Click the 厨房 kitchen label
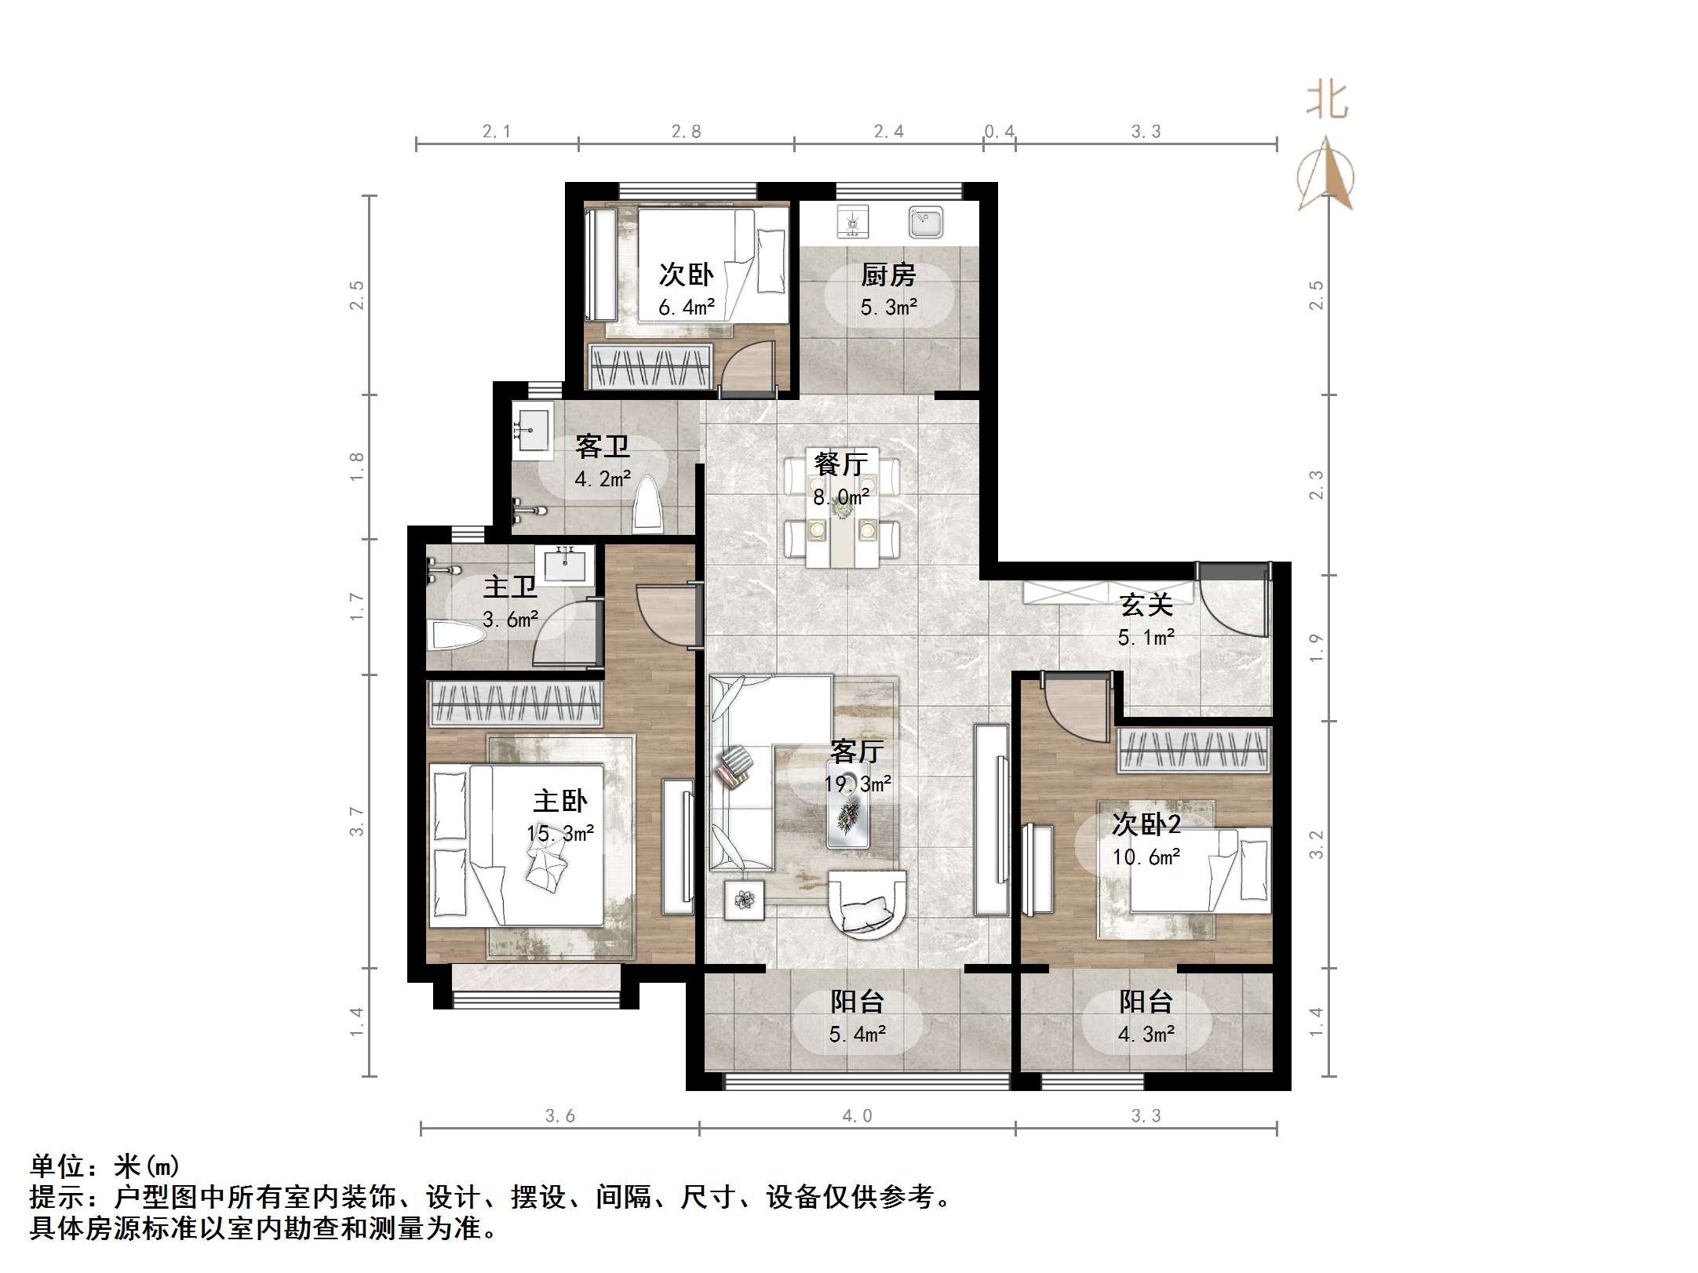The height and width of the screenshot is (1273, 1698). click(888, 275)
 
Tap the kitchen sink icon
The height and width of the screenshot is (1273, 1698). click(926, 222)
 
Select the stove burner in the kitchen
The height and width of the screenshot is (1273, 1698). click(853, 222)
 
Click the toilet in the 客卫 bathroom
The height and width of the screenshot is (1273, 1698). click(648, 504)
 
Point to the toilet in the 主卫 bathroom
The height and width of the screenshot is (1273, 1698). click(456, 634)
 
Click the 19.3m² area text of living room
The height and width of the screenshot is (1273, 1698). click(857, 784)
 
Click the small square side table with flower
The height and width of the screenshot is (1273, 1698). click(744, 900)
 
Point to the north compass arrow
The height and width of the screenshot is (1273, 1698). click(1326, 174)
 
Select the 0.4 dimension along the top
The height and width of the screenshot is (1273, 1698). click(999, 132)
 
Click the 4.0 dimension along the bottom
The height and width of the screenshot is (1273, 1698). click(857, 1115)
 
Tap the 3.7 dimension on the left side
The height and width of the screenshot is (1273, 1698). click(357, 821)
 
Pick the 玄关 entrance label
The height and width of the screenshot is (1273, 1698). click(1146, 605)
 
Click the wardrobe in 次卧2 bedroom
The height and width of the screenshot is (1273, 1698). click(1193, 749)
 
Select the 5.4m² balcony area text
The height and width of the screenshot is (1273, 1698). click(857, 1035)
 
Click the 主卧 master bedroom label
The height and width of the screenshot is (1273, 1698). click(559, 801)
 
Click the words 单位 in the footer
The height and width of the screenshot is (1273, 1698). click(57, 1166)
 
